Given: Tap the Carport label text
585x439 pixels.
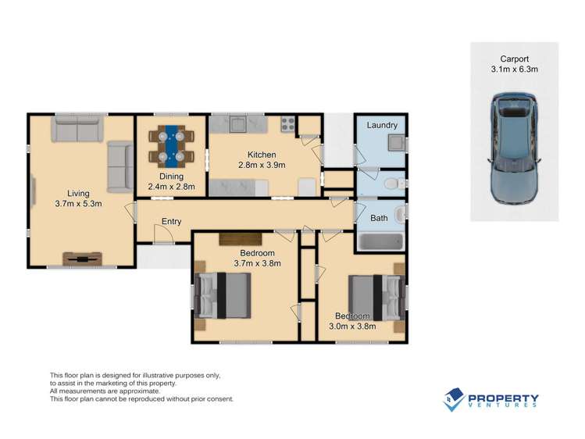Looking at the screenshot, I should coord(514,58).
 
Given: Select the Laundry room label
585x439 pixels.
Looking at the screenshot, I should coord(382,125).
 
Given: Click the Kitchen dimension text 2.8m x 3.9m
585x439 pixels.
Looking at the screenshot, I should coord(262,165).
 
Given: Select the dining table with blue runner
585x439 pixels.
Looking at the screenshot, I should coord(171,145).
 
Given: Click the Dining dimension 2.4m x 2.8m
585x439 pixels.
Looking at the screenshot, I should coord(171,187).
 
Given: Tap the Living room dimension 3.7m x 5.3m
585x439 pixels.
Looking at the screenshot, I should coord(78,204).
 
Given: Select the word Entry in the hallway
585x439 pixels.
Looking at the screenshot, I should coord(171,222).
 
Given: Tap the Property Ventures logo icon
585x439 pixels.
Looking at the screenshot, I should coord(454,400).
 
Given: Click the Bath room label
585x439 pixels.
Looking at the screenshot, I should coord(378,218).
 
